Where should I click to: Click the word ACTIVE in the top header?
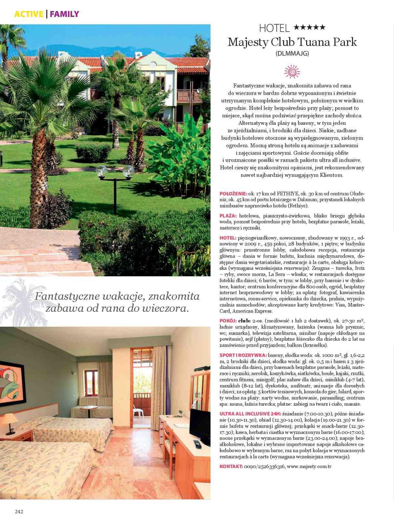point(29,14)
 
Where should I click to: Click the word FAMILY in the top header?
point(64,14)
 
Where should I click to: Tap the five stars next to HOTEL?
point(309,28)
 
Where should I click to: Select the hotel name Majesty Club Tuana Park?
point(292,42)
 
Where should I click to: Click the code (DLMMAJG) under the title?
point(292,53)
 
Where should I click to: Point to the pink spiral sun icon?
point(292,71)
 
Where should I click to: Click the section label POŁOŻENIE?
point(233,194)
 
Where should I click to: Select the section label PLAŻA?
point(228,216)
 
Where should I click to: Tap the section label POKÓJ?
point(228,320)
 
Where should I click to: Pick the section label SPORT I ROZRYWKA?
point(243,355)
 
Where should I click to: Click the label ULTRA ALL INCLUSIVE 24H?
point(250,414)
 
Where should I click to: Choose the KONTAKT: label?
point(231,466)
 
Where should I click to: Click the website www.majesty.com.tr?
point(309,466)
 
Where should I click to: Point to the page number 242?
point(19,512)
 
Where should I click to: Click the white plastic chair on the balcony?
point(138,412)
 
